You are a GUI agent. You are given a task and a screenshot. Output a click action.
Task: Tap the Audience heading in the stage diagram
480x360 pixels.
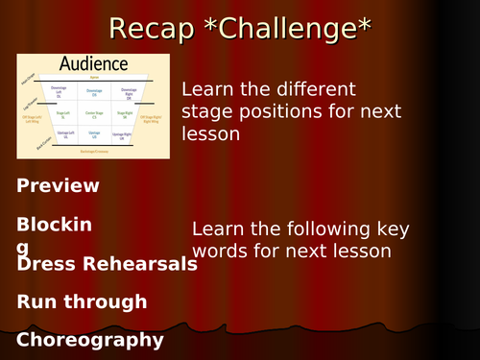(x=94, y=64)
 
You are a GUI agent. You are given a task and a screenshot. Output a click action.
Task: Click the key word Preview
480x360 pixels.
(x=58, y=185)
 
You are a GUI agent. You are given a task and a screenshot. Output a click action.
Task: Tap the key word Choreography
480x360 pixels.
(x=90, y=339)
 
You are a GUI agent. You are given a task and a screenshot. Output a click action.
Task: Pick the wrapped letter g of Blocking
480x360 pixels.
(x=23, y=246)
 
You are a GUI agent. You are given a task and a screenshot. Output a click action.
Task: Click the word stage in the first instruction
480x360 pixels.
(x=205, y=112)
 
